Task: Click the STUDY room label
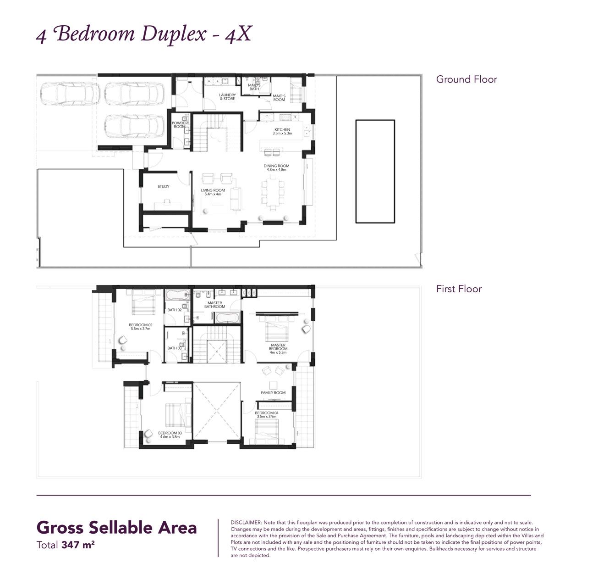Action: coord(163,187)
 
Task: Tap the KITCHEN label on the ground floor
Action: coord(282,130)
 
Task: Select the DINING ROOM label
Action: coord(276,166)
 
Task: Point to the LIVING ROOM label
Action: coord(213,190)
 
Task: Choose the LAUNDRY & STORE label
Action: coord(227,97)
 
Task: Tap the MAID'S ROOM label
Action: coord(279,98)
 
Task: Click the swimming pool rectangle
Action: coord(375,172)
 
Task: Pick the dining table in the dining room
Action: coord(273,192)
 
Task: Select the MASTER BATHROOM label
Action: coord(214,305)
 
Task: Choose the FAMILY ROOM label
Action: coord(273,393)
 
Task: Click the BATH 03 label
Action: coord(174,348)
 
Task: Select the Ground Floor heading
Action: coord(466,79)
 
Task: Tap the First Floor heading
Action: coord(459,289)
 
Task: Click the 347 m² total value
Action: coord(78,546)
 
